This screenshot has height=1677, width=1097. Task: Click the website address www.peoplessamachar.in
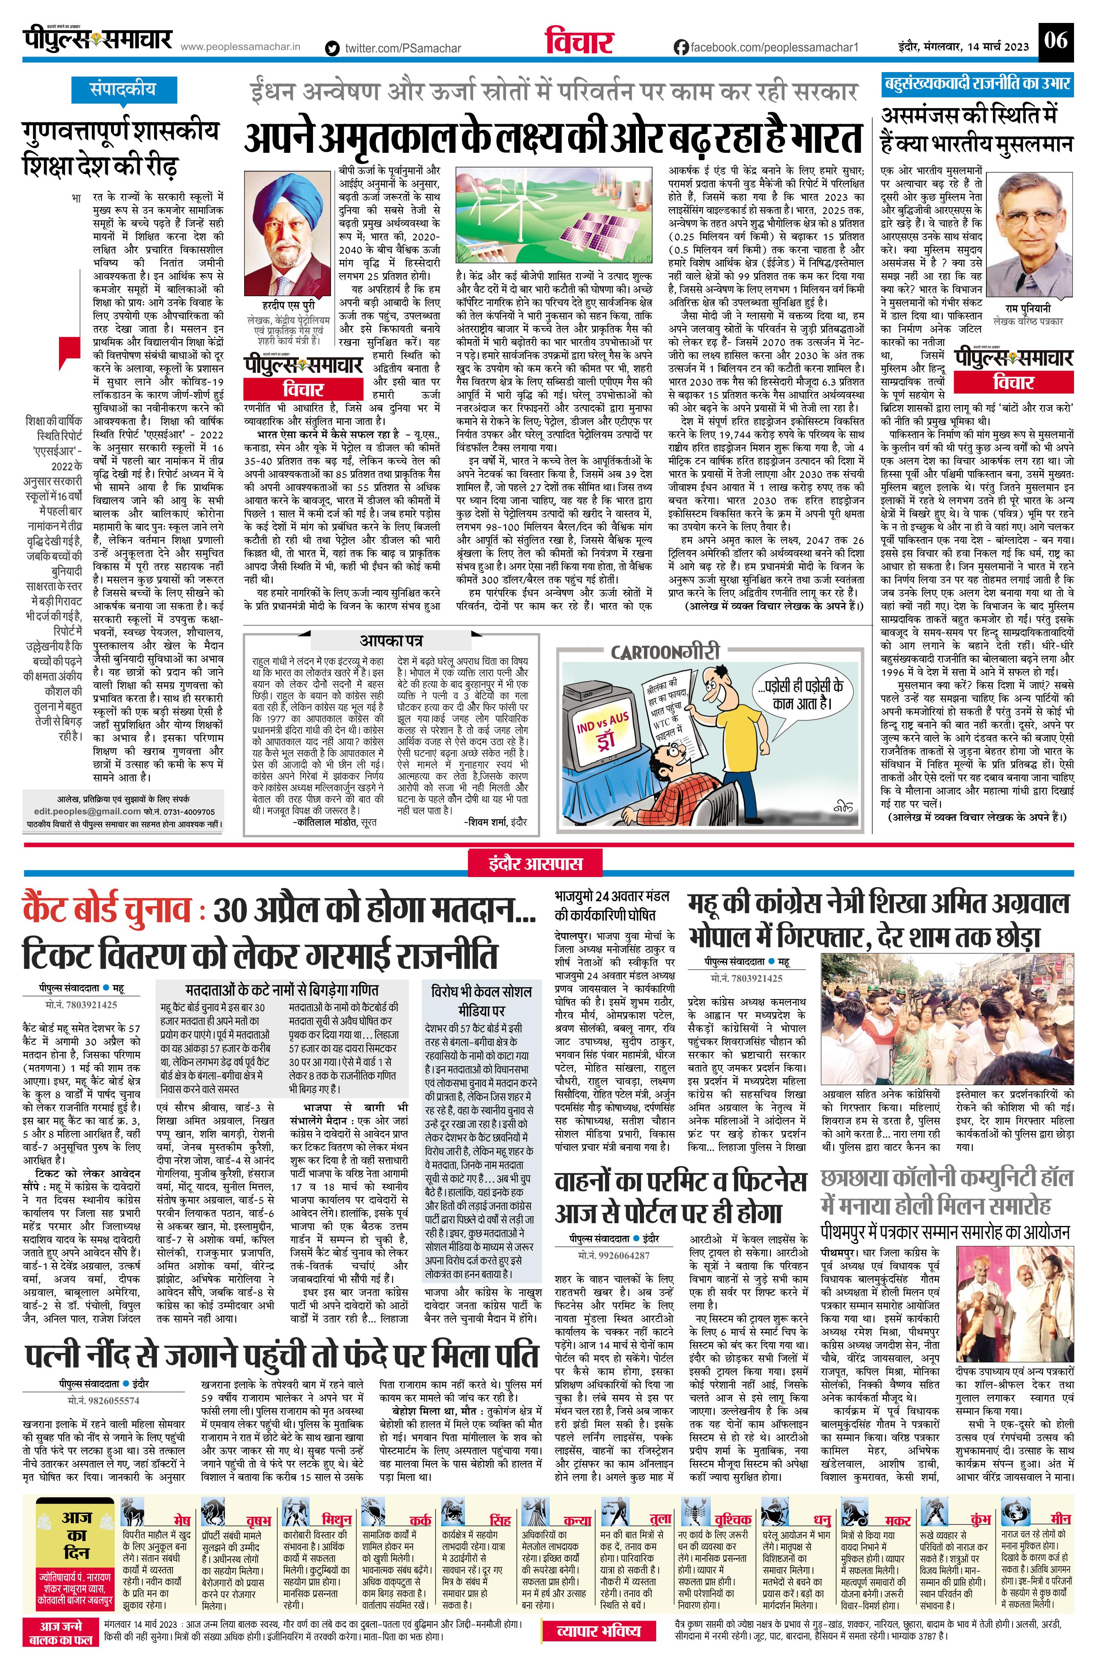[x=241, y=47]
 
